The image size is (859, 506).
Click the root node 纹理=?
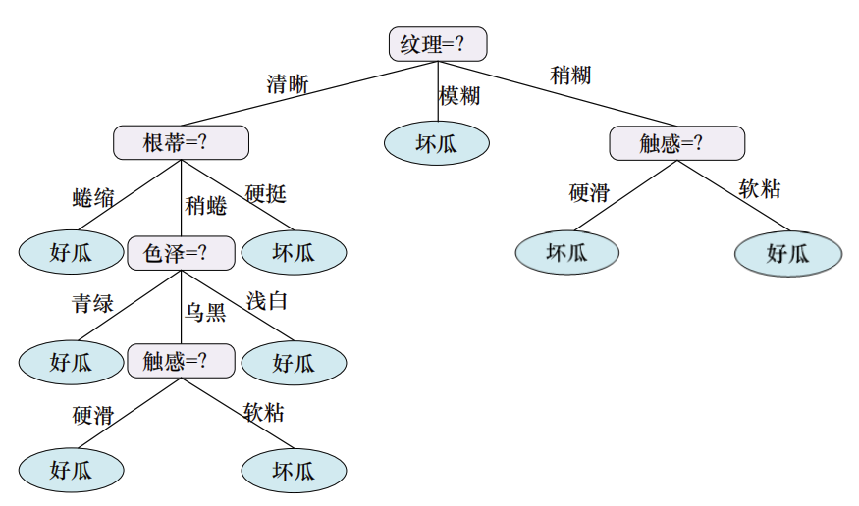tap(438, 44)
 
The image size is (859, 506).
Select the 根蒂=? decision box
tap(181, 143)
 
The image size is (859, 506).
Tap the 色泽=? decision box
tap(181, 253)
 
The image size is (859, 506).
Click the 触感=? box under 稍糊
tap(676, 143)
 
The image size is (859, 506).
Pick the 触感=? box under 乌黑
tap(181, 361)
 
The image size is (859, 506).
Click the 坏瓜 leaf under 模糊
tap(436, 143)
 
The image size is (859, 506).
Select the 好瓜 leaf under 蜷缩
tap(71, 253)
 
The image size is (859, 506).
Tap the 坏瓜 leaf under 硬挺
tap(294, 253)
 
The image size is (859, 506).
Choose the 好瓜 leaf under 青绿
tap(71, 362)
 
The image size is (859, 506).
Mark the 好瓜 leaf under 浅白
tap(294, 362)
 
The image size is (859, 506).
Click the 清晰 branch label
tap(287, 84)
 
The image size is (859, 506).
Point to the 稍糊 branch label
tap(571, 75)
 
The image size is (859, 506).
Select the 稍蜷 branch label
tap(205, 206)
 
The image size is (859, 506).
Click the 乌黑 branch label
tap(205, 313)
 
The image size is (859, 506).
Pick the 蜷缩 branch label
tap(93, 199)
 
